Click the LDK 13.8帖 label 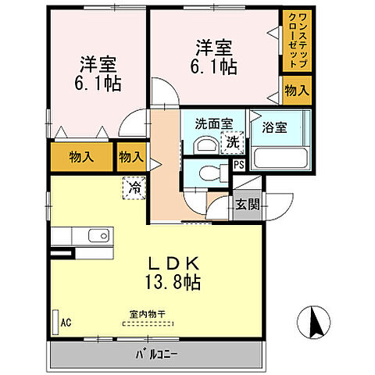click(171, 273)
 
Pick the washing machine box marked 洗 click(231, 142)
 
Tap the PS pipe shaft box click(239, 165)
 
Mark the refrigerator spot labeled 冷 click(134, 187)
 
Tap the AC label click(66, 321)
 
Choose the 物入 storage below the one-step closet click(296, 91)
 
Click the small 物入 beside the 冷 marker click(130, 156)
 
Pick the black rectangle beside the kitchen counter click(60, 254)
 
